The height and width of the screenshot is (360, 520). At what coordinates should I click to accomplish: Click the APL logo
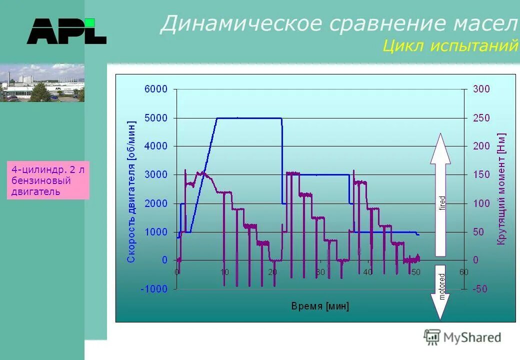66,31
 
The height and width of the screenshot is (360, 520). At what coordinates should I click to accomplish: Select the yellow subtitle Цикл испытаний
450,46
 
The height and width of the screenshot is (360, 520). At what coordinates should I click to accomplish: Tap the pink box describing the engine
48,180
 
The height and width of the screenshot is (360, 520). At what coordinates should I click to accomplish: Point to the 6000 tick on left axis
156,89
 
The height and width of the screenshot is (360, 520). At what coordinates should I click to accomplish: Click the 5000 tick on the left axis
156,118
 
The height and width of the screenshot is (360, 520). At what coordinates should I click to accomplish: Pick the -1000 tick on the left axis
154,289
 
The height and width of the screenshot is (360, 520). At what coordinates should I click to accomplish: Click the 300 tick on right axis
482,89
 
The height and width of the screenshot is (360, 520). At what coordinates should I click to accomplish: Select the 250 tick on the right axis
482,118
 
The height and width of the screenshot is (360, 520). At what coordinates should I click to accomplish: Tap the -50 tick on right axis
480,289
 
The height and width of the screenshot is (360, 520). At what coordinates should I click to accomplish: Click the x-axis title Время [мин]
320,306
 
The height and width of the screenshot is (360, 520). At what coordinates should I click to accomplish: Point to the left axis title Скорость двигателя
131,191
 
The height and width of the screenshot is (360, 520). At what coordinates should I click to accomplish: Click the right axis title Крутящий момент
501,189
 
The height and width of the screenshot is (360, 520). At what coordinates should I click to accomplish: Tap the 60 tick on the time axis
464,272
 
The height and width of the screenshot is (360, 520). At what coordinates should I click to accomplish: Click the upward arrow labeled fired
440,195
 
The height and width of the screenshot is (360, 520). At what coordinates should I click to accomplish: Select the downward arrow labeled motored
440,292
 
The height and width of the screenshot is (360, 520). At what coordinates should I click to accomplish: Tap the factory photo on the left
42,83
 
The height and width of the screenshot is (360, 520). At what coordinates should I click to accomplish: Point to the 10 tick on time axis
224,272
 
